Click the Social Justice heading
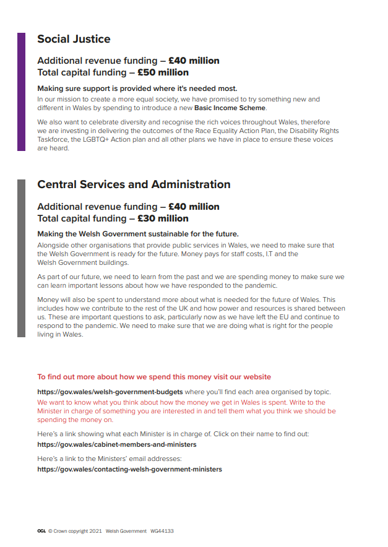click(74, 39)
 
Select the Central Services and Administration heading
click(134, 184)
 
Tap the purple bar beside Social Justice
click(21, 92)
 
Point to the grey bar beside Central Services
click(21, 258)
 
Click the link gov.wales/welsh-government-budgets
click(110, 392)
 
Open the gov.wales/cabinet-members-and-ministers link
click(116, 444)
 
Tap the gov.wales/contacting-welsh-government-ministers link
click(129, 469)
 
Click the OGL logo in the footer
click(41, 531)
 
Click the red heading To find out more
click(153, 376)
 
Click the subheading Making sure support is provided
click(137, 88)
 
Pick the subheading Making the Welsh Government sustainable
click(137, 234)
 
